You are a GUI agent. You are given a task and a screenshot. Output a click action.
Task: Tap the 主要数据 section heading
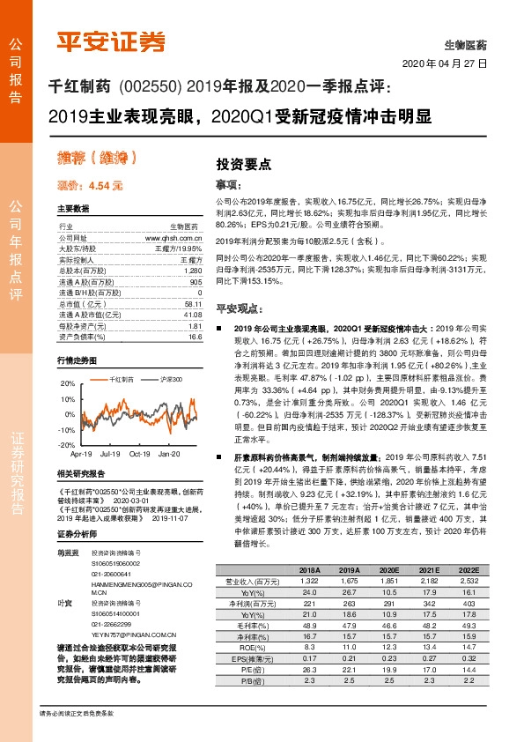73,208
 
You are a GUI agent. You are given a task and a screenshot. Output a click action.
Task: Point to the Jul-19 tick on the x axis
110,455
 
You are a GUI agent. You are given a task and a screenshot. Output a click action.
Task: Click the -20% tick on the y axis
67,445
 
